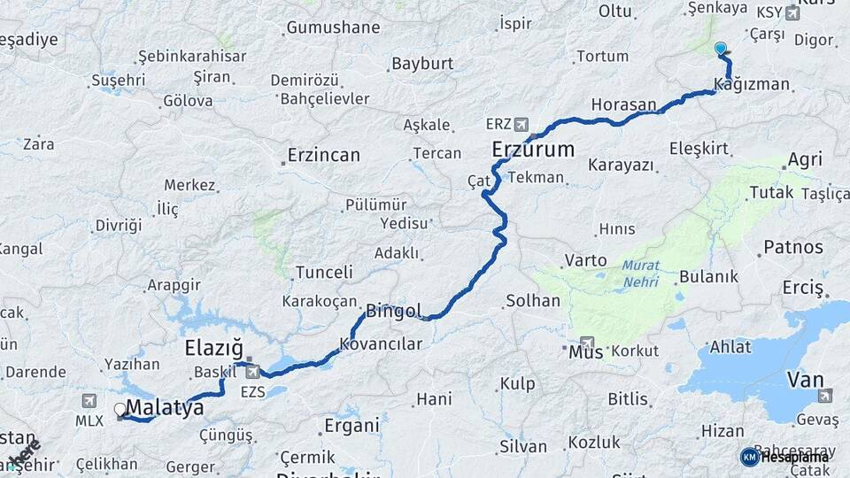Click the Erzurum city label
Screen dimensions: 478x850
coord(533,149)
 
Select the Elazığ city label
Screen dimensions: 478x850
coord(213,346)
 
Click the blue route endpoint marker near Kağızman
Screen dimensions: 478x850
coord(720,49)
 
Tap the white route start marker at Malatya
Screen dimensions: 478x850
coord(120,410)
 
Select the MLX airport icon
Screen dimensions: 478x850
coord(89,401)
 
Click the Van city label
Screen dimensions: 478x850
coord(805,381)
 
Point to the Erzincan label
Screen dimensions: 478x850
coord(324,156)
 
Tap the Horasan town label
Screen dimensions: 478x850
coord(623,104)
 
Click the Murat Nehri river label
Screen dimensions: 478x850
coord(640,274)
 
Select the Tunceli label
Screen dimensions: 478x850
coord(324,273)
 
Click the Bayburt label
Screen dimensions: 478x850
coord(422,64)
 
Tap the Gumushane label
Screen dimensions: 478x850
coord(333,27)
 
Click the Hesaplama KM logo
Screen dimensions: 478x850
coord(784,457)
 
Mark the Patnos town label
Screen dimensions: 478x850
coord(793,247)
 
